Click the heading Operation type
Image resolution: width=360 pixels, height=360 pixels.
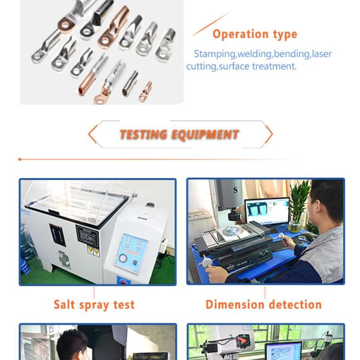coord(255,34)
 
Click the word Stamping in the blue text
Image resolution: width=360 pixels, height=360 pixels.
coord(214,54)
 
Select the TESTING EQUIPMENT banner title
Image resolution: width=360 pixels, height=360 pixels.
coord(179,134)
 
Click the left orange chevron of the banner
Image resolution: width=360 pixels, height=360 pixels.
coord(93,134)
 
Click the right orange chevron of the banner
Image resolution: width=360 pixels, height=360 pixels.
coord(269,134)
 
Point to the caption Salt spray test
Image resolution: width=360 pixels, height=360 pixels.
coord(94,305)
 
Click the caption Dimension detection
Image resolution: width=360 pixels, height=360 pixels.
coord(263,305)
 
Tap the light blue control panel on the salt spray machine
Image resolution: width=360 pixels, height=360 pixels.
coord(131,253)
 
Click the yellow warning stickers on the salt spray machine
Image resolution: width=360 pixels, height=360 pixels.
coord(94,251)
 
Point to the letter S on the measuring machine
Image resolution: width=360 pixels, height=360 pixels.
coord(235,190)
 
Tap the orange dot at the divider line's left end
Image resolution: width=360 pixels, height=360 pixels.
coord(20,160)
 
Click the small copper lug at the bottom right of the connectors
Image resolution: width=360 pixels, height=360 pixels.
coord(145,92)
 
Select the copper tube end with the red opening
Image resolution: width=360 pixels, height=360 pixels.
coord(82,91)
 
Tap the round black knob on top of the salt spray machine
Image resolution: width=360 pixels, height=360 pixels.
coord(150,205)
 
